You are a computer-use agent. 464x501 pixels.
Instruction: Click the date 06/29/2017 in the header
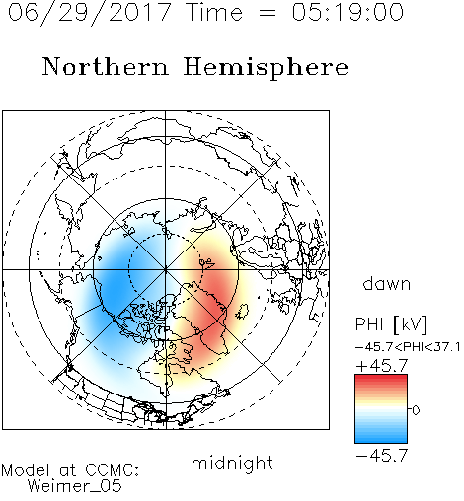pos(90,13)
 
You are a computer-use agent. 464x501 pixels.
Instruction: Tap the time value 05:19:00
pos(348,12)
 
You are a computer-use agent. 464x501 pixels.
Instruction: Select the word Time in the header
pos(214,12)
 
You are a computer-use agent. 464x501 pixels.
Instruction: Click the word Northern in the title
pos(106,66)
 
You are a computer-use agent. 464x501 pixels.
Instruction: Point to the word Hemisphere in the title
pos(266,68)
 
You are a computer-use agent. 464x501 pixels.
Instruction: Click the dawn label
pos(387,283)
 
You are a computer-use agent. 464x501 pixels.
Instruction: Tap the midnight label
pos(232,463)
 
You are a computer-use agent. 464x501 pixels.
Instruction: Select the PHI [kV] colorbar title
pos(391,324)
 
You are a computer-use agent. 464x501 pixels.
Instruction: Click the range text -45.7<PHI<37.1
pos(408,347)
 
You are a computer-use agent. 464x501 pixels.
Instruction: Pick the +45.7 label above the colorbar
pos(382,366)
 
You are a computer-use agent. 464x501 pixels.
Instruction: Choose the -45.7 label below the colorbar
pos(382,456)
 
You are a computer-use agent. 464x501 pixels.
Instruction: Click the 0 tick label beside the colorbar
pos(416,410)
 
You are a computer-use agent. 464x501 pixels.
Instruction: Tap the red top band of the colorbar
pos(381,379)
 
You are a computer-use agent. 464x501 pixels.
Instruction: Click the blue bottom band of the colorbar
pos(381,438)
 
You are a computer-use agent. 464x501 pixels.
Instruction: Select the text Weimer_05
pos(74,486)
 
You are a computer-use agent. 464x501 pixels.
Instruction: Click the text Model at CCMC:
pos(70,470)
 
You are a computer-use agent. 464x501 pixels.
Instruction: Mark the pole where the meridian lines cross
pos(166,269)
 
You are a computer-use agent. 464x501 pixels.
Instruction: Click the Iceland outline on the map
pos(242,312)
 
